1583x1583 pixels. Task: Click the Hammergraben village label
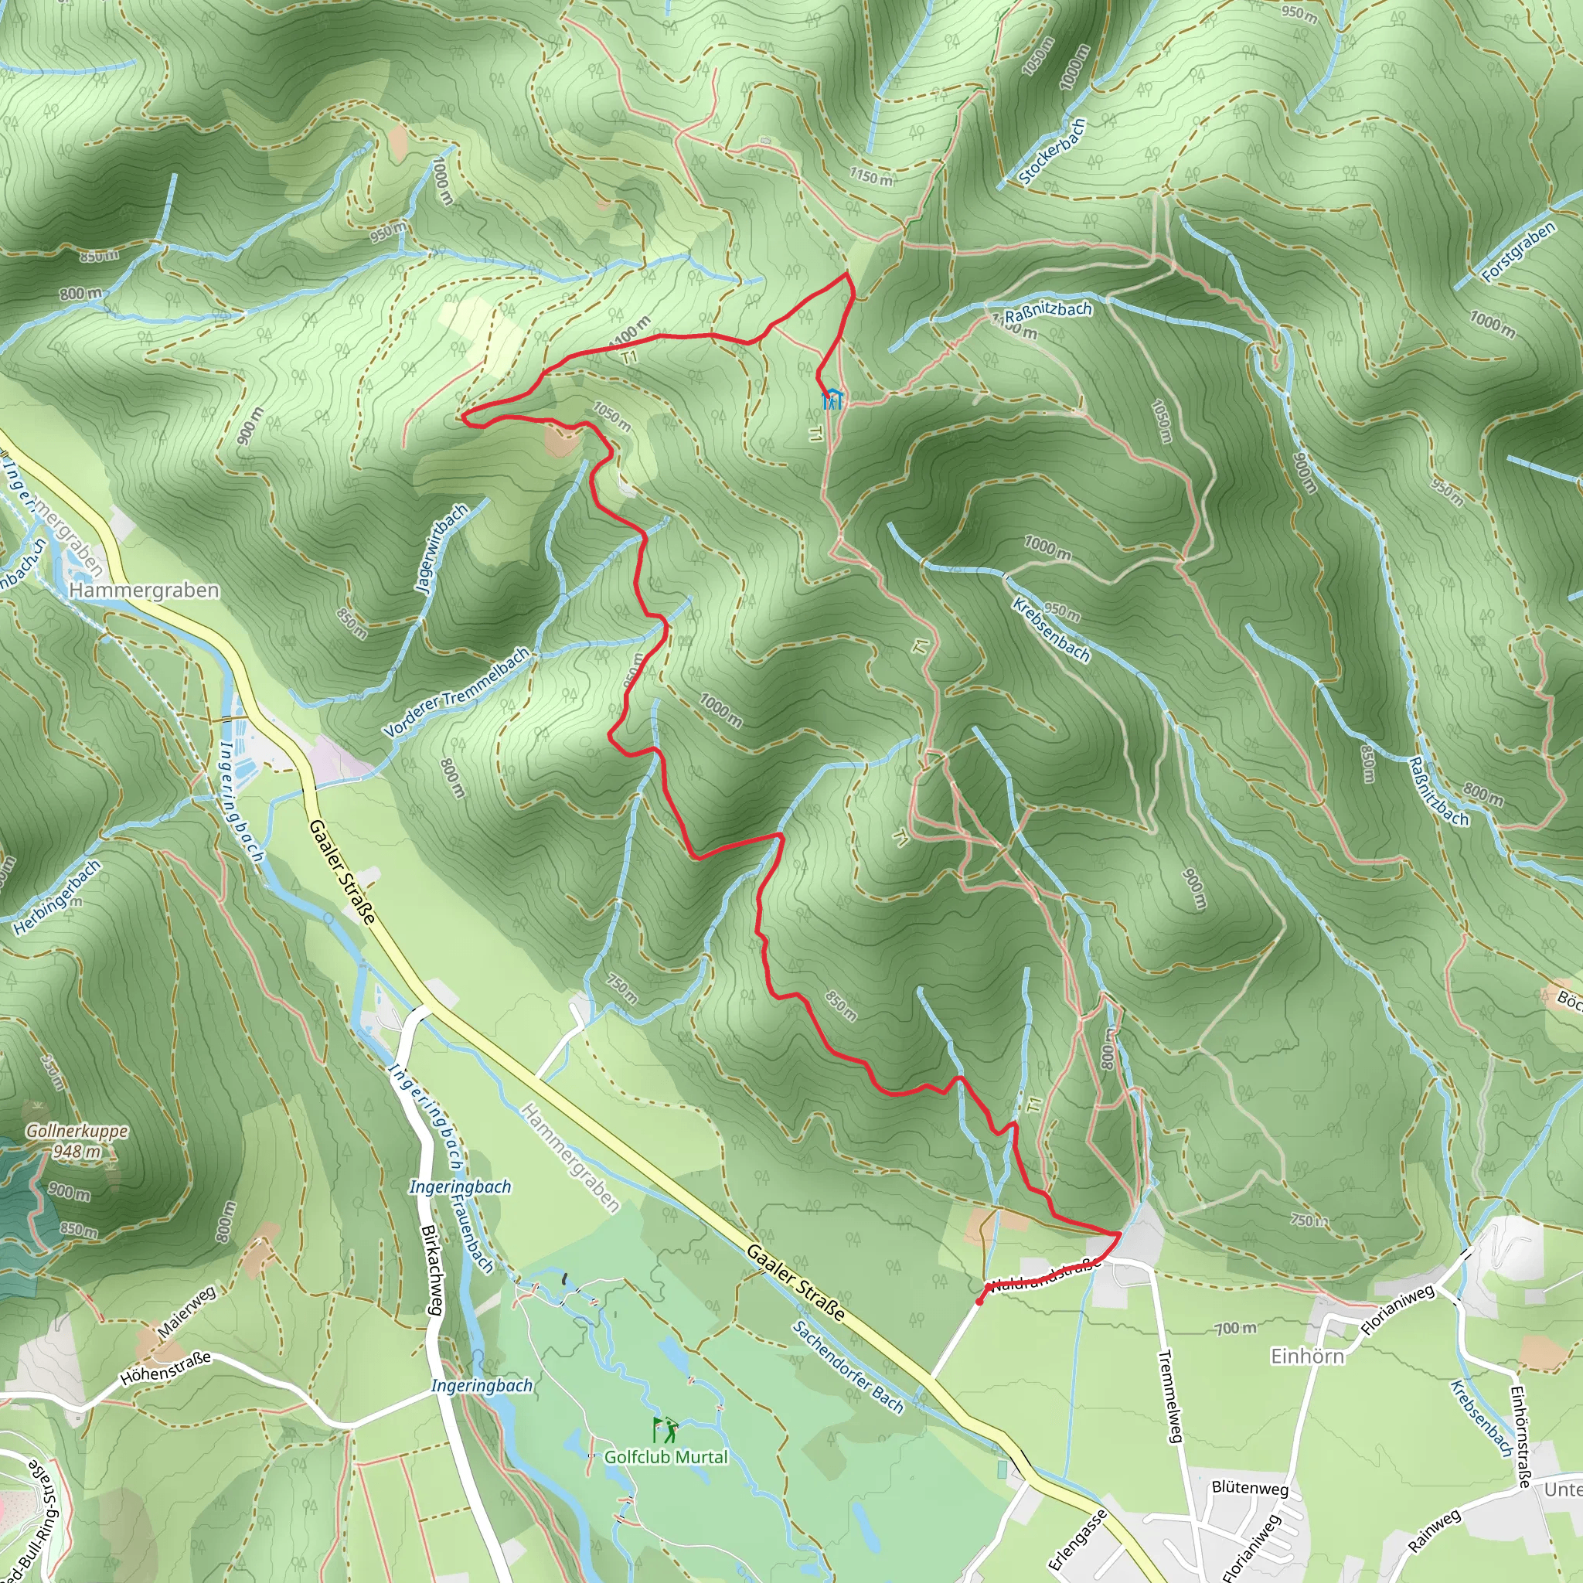[x=145, y=590]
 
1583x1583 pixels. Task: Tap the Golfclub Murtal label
[x=666, y=1456]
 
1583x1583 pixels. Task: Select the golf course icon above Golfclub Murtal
[x=665, y=1430]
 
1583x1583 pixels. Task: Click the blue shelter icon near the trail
[x=832, y=399]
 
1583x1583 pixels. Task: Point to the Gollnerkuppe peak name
[x=77, y=1131]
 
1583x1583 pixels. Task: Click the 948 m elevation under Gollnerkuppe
[x=77, y=1151]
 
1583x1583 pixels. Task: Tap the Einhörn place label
[x=1307, y=1356]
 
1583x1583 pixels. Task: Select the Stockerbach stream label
[x=1052, y=151]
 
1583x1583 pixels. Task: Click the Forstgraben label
[x=1518, y=252]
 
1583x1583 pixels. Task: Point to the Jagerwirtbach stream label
[x=441, y=548]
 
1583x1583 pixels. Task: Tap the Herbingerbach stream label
[x=58, y=897]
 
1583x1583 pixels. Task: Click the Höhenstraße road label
[x=165, y=1367]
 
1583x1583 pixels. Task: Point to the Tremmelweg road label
[x=1170, y=1396]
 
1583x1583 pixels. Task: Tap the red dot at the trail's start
[x=980, y=1301]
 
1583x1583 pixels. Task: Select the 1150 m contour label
[x=870, y=175]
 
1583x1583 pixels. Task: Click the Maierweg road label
[x=187, y=1312]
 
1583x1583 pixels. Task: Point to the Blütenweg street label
[x=1250, y=1487]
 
